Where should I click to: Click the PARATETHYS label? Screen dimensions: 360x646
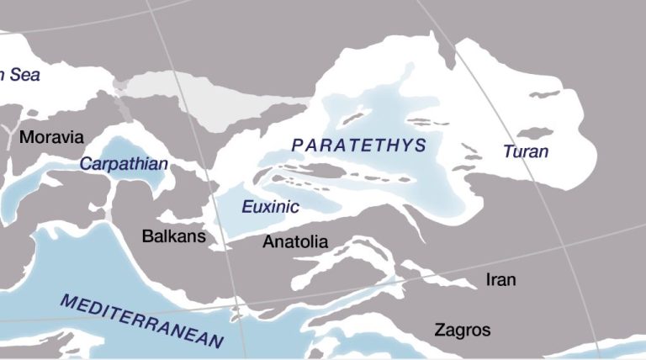(x=359, y=146)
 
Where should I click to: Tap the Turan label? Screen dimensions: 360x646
(x=526, y=152)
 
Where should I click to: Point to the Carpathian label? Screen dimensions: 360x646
(x=124, y=164)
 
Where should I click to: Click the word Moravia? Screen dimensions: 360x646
(x=51, y=136)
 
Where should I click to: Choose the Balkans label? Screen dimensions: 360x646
(x=173, y=236)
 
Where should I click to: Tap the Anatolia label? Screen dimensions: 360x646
(x=295, y=242)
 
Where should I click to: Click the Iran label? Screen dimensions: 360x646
(x=501, y=279)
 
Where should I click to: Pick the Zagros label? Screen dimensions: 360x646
(x=462, y=329)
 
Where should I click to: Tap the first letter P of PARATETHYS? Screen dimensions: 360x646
(x=297, y=146)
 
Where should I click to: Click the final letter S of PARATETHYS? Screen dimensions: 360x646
(x=421, y=146)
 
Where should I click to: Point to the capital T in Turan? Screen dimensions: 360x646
(x=507, y=152)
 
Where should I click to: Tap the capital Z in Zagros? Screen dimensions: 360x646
(x=440, y=329)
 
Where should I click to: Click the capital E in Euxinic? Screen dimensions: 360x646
(x=246, y=207)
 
